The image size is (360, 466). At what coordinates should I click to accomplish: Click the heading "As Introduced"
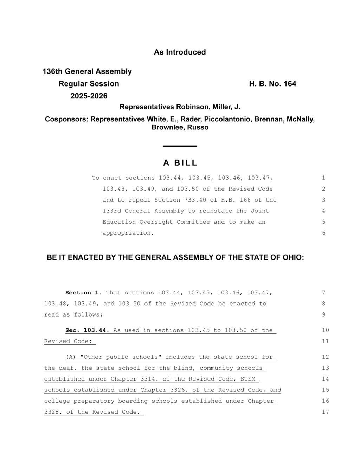(x=180, y=52)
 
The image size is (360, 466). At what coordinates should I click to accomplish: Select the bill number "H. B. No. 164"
(x=272, y=84)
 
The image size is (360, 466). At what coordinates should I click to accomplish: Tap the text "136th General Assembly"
(x=87, y=71)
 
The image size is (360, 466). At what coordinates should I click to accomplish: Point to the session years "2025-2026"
(x=89, y=96)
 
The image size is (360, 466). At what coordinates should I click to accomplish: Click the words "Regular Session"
(x=89, y=84)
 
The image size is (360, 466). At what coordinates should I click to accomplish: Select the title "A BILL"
(x=180, y=163)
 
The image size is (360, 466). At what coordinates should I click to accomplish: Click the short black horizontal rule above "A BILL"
(x=180, y=146)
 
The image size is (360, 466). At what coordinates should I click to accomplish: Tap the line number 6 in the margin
(x=323, y=233)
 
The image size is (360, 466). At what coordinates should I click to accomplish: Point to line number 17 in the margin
(x=325, y=412)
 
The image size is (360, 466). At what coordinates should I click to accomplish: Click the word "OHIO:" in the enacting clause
(x=293, y=257)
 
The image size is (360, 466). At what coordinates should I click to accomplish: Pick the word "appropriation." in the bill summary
(x=128, y=233)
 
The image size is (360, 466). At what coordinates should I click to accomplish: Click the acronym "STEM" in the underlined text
(x=248, y=379)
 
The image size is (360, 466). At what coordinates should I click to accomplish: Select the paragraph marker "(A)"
(x=71, y=357)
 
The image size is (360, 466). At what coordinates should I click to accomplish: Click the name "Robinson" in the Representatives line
(x=192, y=107)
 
